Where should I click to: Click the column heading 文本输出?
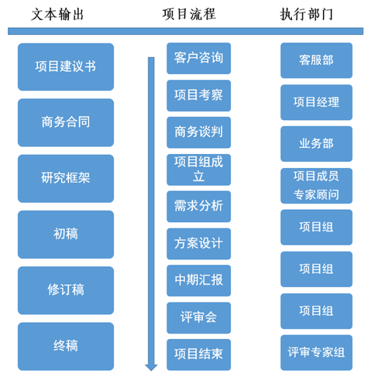coord(57,15)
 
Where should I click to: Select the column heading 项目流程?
coord(189,14)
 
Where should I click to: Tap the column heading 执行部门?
coord(307,14)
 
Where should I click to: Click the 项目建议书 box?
coord(66,67)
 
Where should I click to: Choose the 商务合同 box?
coord(66,122)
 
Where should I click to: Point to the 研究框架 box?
coord(66,179)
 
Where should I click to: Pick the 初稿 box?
coord(66,235)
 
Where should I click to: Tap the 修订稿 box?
coord(66,290)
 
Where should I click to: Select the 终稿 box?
coord(66,346)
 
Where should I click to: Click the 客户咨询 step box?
coord(199,58)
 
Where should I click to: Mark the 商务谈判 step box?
coord(199,132)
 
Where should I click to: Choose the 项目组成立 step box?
coord(199,170)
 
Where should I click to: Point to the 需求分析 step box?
coord(199,207)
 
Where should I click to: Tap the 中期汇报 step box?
coord(199,280)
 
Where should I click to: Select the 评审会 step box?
coord(199,317)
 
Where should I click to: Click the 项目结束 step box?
coord(199,354)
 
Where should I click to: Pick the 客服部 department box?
coord(317,60)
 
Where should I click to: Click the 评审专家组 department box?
coord(317,352)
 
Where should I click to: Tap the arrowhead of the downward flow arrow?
coord(151,368)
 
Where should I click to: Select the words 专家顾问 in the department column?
coord(316,194)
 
